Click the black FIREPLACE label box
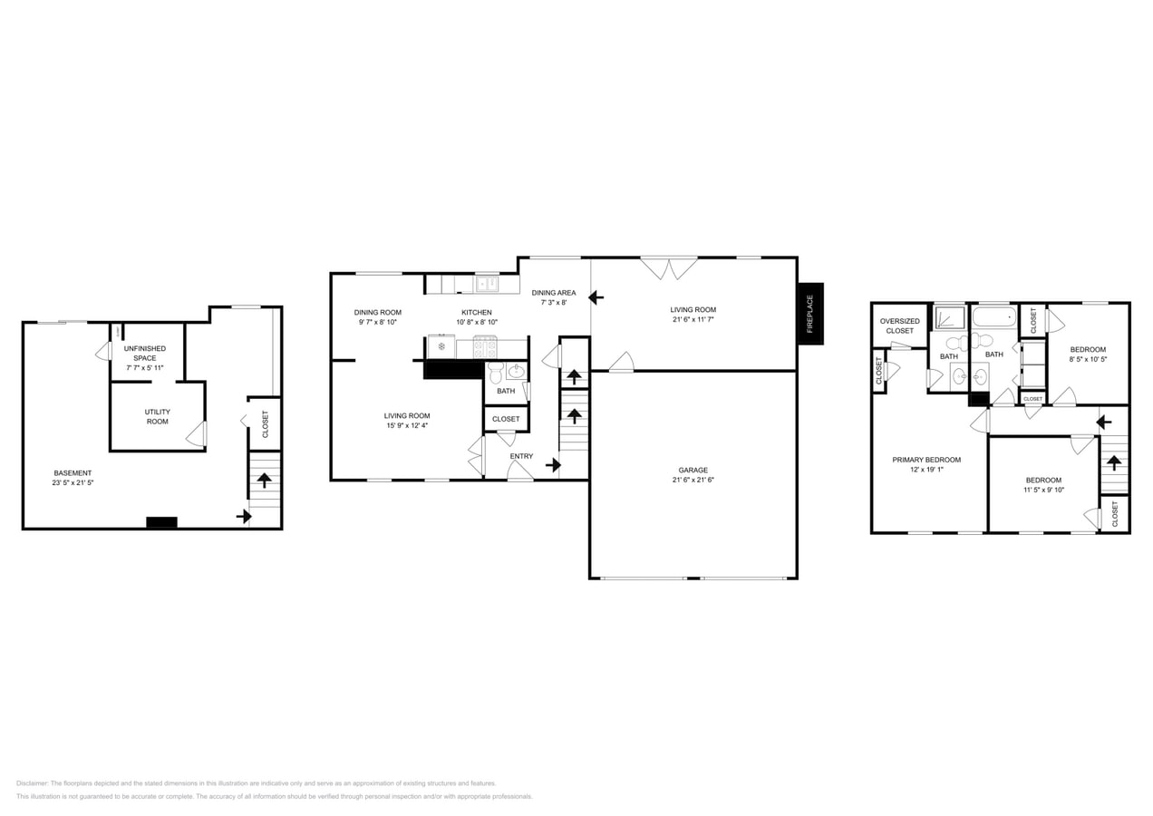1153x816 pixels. pos(810,314)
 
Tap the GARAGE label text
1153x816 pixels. pos(693,470)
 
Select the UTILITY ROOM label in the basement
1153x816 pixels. pos(158,416)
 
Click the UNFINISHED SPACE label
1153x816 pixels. pos(145,353)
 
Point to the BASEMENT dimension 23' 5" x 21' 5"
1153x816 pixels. pos(73,483)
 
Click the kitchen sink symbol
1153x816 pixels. pos(488,284)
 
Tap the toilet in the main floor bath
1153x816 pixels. pos(496,372)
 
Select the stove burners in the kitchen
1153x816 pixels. pos(485,347)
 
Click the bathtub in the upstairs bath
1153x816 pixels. pos(994,317)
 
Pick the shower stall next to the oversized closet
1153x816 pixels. pos(951,316)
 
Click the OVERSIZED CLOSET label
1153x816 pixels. pos(900,325)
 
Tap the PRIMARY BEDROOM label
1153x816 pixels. pos(926,460)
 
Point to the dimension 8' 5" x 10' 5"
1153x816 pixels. pos(1088,359)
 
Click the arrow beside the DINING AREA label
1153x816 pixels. pos(596,296)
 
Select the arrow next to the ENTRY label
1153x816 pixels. pos(553,465)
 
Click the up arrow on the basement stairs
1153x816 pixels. pos(264,480)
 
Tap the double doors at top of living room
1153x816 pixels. pos(669,268)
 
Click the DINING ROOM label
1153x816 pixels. pos(377,312)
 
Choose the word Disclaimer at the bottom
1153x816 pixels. pos(33,783)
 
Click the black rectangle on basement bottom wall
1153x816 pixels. pos(161,522)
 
